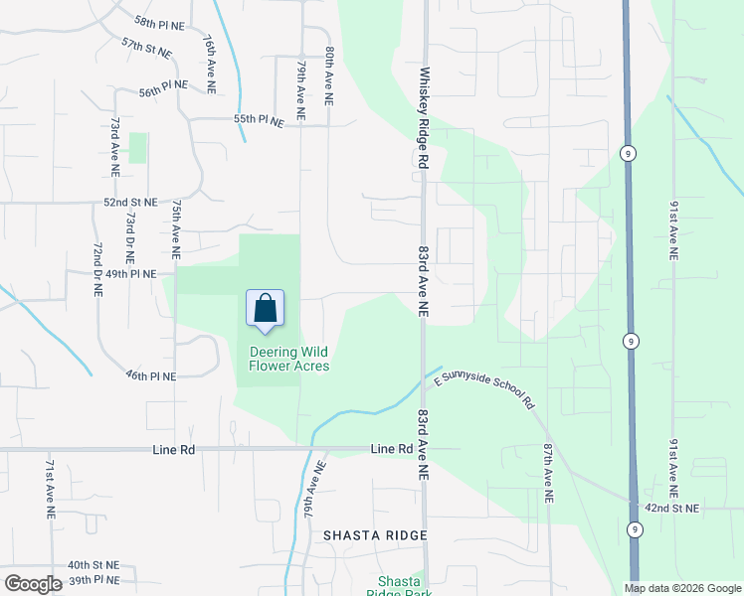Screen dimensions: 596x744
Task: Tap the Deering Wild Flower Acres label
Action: pyautogui.click(x=288, y=359)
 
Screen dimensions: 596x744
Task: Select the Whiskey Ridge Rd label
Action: pyautogui.click(x=423, y=117)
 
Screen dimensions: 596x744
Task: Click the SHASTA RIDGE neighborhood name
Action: pyautogui.click(x=375, y=535)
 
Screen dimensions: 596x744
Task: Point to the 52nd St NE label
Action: pyautogui.click(x=131, y=202)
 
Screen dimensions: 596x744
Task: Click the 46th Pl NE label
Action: pyautogui.click(x=150, y=376)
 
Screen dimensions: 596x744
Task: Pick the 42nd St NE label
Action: pyautogui.click(x=671, y=509)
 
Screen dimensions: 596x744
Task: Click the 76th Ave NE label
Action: pyautogui.click(x=210, y=65)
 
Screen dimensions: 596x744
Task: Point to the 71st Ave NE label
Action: pyautogui.click(x=50, y=490)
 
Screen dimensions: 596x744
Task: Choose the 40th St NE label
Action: pyautogui.click(x=93, y=564)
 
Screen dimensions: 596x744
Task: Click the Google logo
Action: pyautogui.click(x=33, y=584)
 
